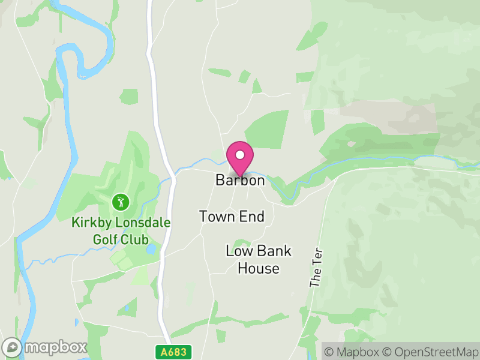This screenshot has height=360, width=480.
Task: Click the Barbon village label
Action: point(240,181)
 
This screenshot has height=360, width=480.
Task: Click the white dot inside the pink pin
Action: point(240,155)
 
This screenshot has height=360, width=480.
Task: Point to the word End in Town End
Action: point(253,217)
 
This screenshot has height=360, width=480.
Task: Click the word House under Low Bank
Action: point(259,268)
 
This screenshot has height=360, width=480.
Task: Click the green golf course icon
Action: point(121,200)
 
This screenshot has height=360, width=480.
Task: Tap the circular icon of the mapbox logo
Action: point(13,347)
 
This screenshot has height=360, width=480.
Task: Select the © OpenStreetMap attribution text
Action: point(428,352)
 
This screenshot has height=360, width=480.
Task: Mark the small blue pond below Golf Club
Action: point(151,248)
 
